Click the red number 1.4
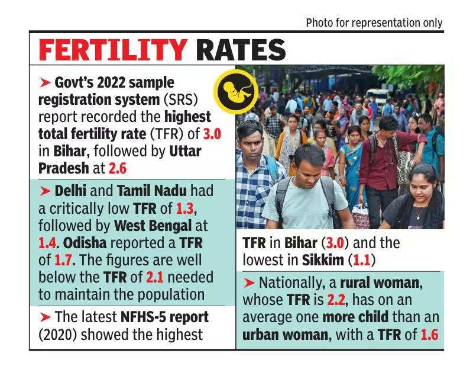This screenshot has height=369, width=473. pyautogui.click(x=50, y=243)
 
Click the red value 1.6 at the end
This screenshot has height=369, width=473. pyautogui.click(x=430, y=335)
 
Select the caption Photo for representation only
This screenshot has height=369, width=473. pyautogui.click(x=374, y=23)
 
